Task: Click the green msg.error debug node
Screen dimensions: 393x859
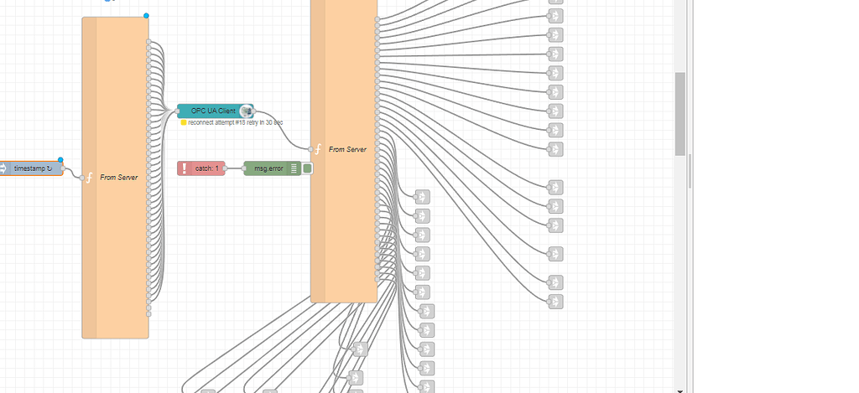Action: tap(265, 168)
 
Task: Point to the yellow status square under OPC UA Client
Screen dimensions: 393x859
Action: tap(184, 122)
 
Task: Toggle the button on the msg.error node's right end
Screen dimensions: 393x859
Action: tap(307, 168)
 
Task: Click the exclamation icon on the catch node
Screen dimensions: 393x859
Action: tap(185, 168)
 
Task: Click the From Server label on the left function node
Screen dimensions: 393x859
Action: tap(118, 178)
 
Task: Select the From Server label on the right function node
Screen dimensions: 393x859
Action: tap(347, 149)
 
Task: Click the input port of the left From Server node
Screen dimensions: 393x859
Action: tap(81, 178)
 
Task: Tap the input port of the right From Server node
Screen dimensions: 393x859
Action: tap(310, 149)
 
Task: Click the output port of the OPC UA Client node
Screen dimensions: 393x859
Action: tap(254, 111)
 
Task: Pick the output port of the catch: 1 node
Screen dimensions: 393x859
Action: tap(226, 168)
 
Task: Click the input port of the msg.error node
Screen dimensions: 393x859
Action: tap(244, 168)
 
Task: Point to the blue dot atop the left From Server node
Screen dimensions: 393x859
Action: tap(146, 16)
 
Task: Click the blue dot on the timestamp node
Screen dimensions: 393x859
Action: tap(60, 159)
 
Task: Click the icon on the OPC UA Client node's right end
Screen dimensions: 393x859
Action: tap(246, 111)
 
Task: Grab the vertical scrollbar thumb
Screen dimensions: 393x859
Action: tap(680, 113)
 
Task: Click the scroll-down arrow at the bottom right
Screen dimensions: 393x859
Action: tap(680, 389)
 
